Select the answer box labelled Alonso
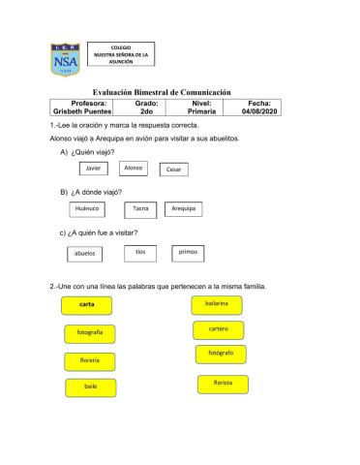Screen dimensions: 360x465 point(135,169)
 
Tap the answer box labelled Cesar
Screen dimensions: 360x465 point(174,170)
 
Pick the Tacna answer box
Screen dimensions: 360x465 point(141,209)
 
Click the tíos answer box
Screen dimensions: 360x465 point(139,252)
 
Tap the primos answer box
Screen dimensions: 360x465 point(188,252)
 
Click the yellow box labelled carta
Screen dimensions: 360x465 point(87,306)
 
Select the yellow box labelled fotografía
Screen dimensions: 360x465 point(88,334)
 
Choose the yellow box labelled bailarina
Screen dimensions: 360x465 point(217,304)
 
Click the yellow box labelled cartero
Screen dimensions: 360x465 point(218,330)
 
